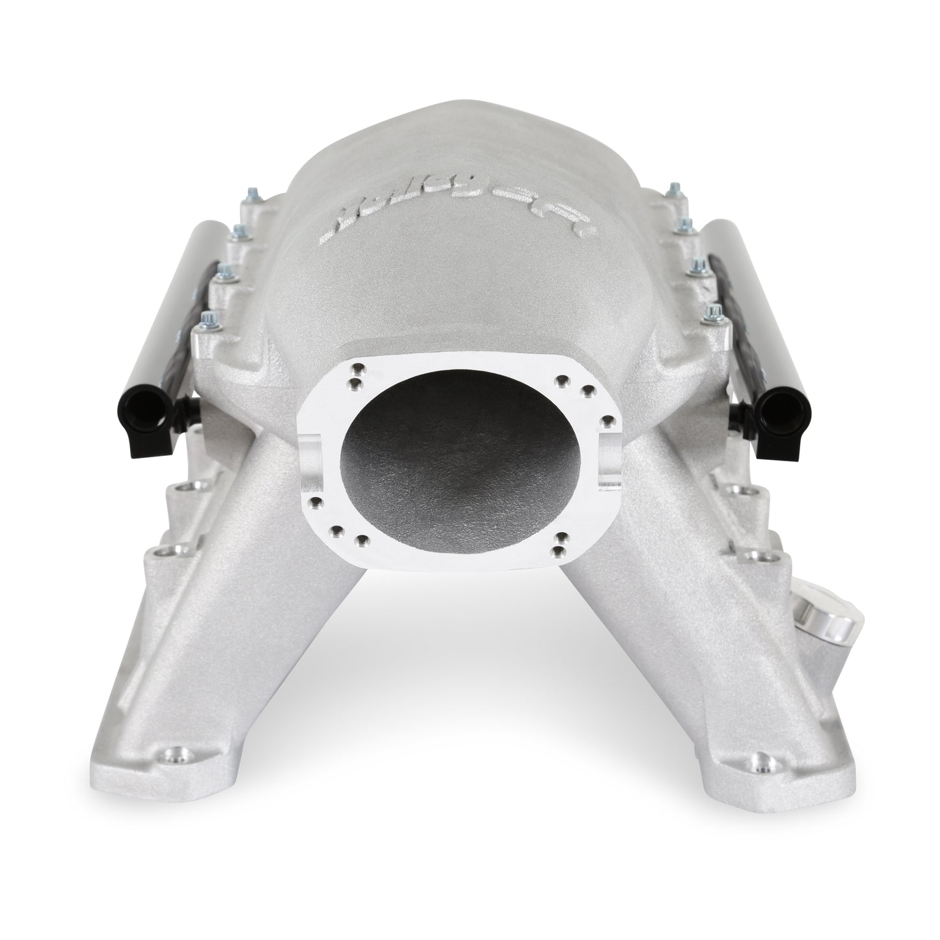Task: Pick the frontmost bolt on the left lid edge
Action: pyautogui.click(x=208, y=319)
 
